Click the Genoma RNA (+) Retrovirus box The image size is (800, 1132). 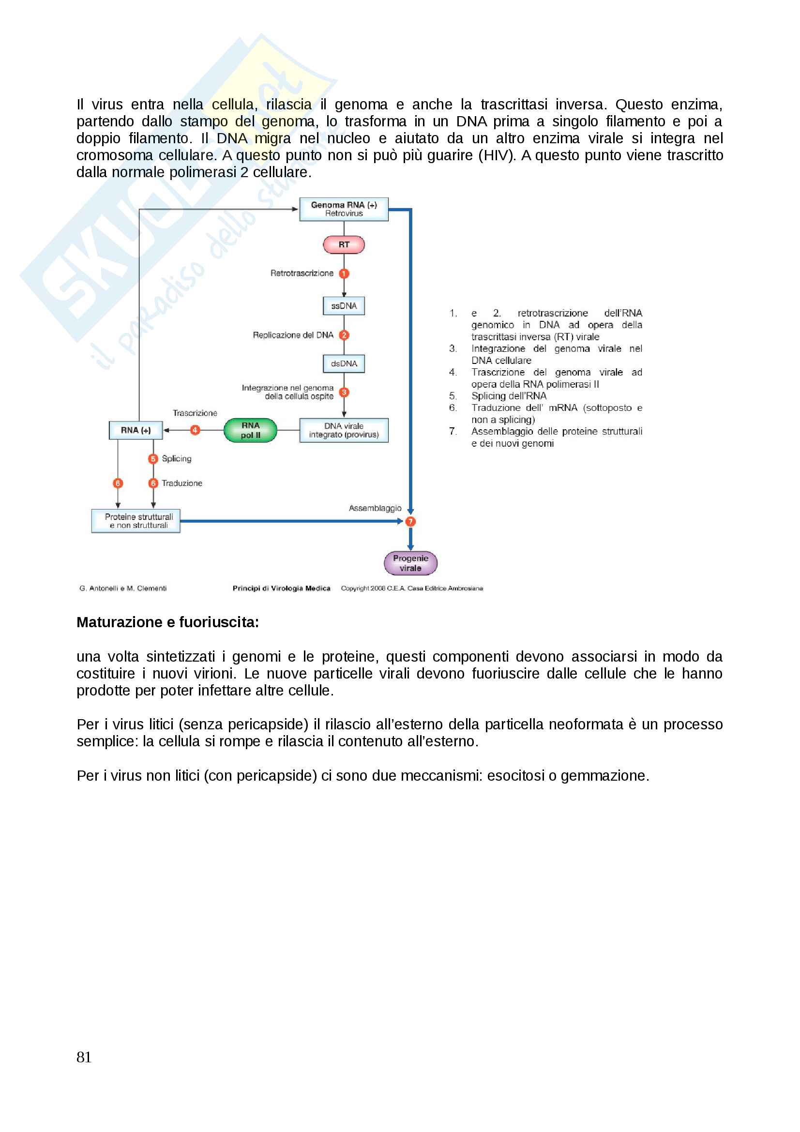(344, 209)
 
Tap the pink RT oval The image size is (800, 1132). (344, 244)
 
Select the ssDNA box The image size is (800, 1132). (344, 306)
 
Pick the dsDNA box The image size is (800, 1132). (344, 363)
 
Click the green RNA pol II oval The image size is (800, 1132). (250, 430)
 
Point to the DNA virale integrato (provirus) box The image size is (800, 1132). (344, 430)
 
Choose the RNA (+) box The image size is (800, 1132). (136, 430)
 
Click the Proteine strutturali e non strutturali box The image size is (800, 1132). (136, 521)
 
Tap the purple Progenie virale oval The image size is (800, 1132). (410, 563)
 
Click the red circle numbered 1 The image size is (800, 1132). (344, 273)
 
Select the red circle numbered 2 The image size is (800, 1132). (344, 335)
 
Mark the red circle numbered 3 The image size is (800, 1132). (344, 392)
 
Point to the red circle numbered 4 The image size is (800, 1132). (195, 430)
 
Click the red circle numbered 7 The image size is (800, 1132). (410, 521)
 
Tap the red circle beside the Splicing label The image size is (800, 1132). (153, 458)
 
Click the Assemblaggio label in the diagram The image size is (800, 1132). (375, 508)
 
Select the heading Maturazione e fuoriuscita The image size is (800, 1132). (167, 622)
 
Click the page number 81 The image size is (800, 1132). (84, 1057)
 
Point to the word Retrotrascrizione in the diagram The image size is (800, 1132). (302, 273)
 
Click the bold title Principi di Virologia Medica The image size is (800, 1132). (281, 588)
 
